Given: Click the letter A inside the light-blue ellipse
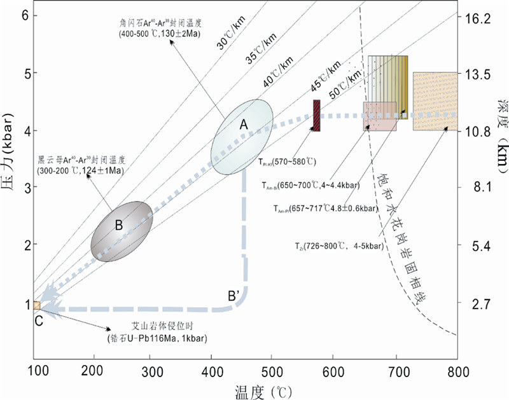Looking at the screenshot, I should pos(243,125).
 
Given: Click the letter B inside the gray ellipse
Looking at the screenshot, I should pos(118,224).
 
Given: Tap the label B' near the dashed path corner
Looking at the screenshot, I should pos(234,295).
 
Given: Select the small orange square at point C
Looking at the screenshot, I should pos(36,305).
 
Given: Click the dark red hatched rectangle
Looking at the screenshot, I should pos(316,116).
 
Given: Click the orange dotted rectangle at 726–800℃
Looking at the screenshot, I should pos(435,101).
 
